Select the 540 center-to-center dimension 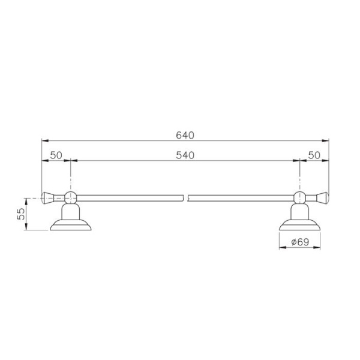(x=185, y=154)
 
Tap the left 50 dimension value (x=56, y=154)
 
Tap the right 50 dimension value (x=314, y=154)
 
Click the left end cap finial (x=50, y=196)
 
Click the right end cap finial (x=320, y=196)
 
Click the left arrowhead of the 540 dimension (x=74, y=161)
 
